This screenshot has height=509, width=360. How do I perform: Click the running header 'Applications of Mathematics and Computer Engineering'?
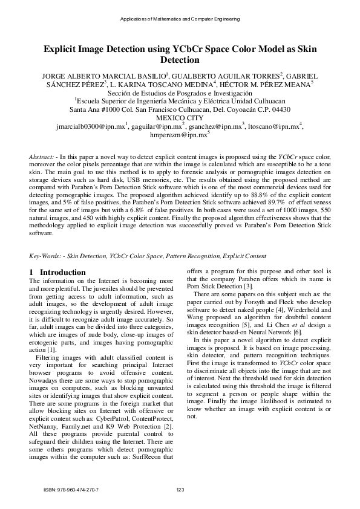click(180, 20)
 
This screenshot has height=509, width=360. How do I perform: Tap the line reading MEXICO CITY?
click(180, 118)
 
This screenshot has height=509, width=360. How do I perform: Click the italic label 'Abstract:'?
click(42, 157)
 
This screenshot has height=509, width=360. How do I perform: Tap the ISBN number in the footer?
click(71, 490)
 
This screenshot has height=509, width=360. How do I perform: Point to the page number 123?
click(180, 490)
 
